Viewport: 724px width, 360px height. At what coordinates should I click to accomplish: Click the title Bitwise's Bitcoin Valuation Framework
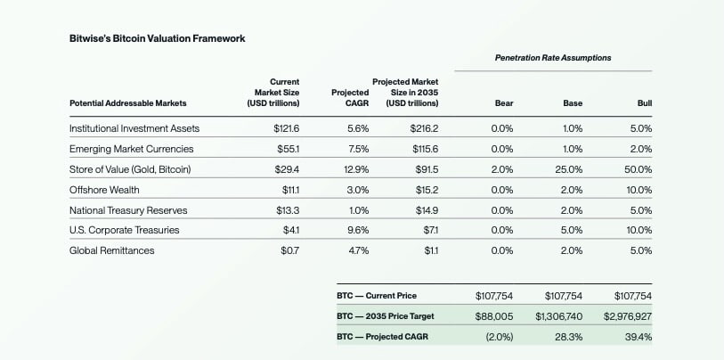[x=156, y=39]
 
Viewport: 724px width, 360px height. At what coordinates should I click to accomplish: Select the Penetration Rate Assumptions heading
[x=553, y=58]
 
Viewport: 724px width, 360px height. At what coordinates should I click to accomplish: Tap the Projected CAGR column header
[x=350, y=97]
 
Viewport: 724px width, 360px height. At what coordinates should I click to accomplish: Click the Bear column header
[x=503, y=103]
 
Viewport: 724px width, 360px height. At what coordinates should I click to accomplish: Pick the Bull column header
[x=644, y=103]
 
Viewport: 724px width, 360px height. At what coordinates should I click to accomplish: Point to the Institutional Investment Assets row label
[x=134, y=128]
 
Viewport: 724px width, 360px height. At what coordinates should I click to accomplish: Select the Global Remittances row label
[x=111, y=251]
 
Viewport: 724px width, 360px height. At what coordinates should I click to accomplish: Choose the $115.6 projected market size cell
[x=423, y=149]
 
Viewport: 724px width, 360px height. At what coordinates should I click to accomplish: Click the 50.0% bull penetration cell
[x=637, y=169]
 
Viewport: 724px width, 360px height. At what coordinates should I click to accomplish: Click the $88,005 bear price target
[x=494, y=316]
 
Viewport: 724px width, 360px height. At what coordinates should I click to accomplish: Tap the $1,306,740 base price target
[x=558, y=316]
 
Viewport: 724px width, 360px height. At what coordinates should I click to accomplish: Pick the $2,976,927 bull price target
[x=628, y=316]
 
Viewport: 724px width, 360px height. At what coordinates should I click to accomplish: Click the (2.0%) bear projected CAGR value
[x=498, y=337]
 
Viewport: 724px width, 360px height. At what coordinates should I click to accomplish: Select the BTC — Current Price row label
[x=377, y=296]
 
